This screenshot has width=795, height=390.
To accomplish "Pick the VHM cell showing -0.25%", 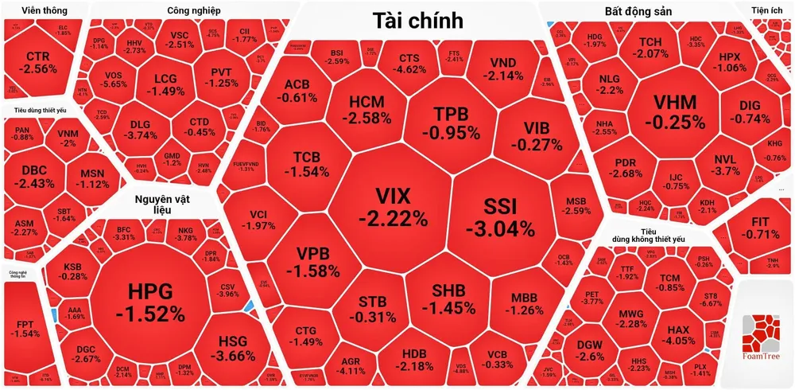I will (674, 111).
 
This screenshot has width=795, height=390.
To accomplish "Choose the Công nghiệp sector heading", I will (194, 11).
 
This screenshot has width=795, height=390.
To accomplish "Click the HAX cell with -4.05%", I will (678, 334).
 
